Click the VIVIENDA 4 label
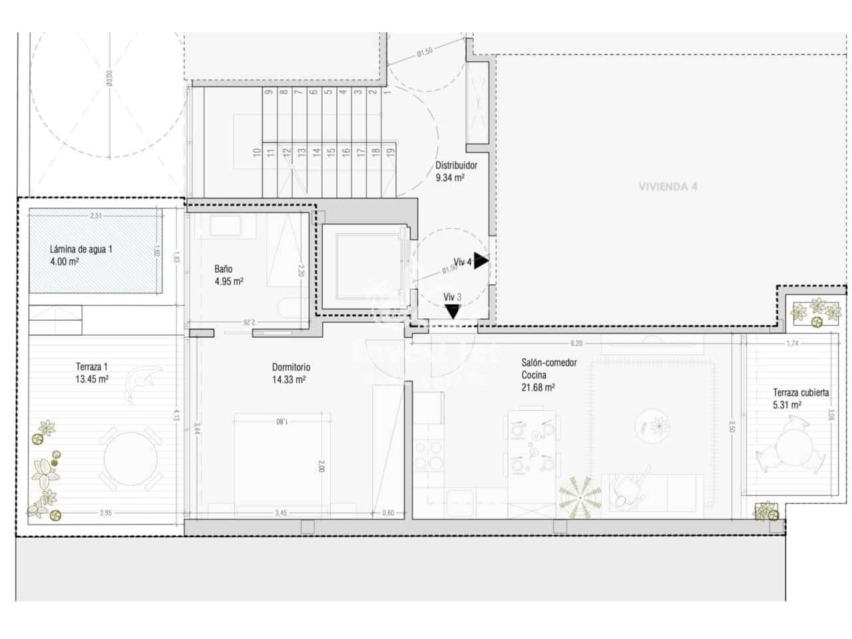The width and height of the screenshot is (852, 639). click(668, 186)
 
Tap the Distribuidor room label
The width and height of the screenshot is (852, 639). click(456, 172)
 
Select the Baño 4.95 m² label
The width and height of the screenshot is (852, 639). click(228, 275)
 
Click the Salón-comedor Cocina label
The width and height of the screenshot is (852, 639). click(548, 375)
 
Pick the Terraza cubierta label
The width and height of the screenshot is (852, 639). click(801, 398)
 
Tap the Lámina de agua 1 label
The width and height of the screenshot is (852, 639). click(81, 256)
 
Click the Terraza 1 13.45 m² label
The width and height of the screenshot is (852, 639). click(92, 373)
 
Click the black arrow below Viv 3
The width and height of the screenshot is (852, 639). click(453, 312)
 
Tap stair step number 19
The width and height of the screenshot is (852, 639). click(390, 152)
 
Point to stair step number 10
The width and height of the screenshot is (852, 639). click(256, 152)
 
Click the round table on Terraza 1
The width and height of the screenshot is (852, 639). click(130, 459)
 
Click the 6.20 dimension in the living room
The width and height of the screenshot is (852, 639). click(576, 343)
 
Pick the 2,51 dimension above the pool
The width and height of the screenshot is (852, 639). click(96, 215)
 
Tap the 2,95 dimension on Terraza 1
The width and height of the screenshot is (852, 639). click(105, 513)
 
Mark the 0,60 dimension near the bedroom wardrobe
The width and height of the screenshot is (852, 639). click(389, 513)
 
